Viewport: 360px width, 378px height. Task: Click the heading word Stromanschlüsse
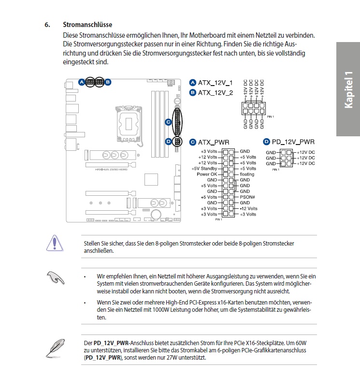[x=87, y=24]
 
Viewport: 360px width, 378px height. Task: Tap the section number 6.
[x=47, y=24]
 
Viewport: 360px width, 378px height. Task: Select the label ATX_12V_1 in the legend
[x=215, y=82]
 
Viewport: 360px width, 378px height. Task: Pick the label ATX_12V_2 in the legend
[x=215, y=92]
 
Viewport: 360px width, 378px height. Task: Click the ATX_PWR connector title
[x=213, y=142]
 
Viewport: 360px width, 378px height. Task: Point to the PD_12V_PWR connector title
[x=293, y=142]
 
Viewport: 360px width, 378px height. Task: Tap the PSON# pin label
[x=247, y=197]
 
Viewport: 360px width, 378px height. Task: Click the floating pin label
[x=247, y=174]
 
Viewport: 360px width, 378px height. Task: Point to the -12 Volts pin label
[x=248, y=208]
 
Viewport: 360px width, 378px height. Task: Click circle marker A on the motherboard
[x=82, y=82]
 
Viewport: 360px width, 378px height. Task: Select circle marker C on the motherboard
[x=168, y=122]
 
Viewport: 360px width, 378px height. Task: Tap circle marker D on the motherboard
[x=168, y=141]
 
